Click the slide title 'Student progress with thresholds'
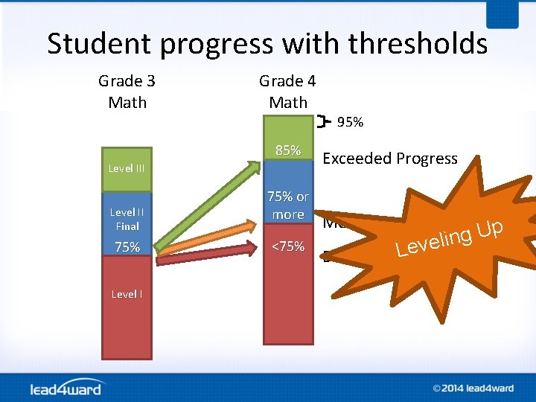pyautogui.click(x=267, y=44)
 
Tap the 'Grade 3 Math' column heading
pyautogui.click(x=127, y=92)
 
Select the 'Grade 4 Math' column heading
pyautogui.click(x=287, y=92)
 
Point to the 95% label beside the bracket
pyautogui.click(x=350, y=122)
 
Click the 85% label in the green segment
pyautogui.click(x=288, y=150)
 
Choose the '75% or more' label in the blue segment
pyautogui.click(x=288, y=205)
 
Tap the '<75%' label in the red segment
pyautogui.click(x=288, y=246)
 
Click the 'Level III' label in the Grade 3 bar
pyautogui.click(x=127, y=168)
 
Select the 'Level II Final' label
pyautogui.click(x=127, y=219)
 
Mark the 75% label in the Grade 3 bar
pyautogui.click(x=127, y=247)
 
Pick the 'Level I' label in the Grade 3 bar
pyautogui.click(x=127, y=294)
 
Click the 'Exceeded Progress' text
pyautogui.click(x=389, y=159)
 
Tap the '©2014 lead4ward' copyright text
pyautogui.click(x=473, y=388)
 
